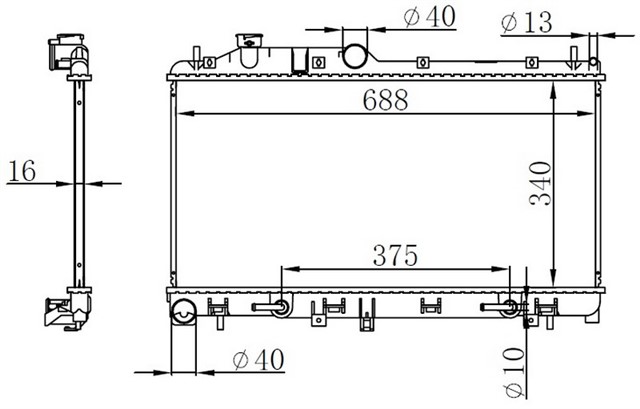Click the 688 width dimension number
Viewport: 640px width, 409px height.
point(385,100)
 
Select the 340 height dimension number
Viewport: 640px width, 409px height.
point(540,183)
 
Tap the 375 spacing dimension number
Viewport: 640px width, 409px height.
point(395,255)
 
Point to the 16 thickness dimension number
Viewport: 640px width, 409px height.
point(22,171)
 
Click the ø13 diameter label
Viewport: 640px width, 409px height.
point(527,22)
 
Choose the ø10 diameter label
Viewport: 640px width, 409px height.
point(514,372)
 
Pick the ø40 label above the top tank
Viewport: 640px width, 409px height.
point(429,17)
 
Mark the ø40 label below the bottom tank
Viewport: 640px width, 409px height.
point(258,360)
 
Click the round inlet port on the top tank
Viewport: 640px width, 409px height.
point(354,56)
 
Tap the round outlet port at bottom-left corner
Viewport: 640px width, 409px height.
point(183,312)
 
